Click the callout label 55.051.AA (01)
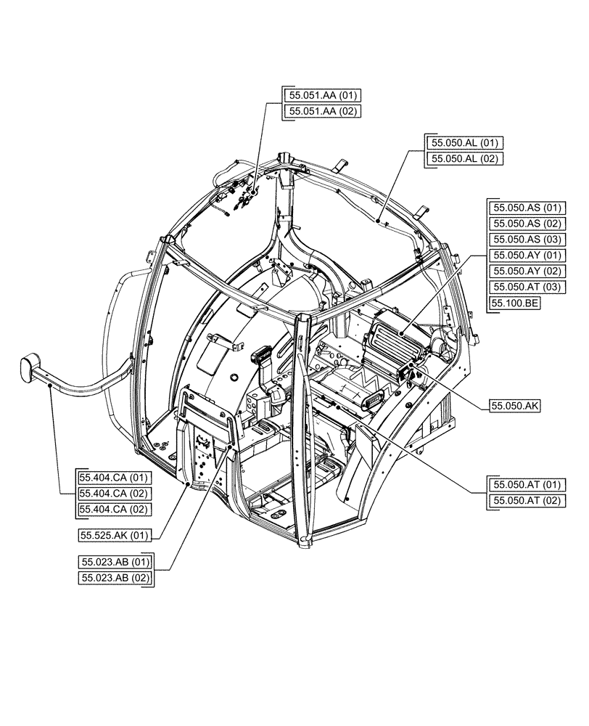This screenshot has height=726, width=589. click(322, 96)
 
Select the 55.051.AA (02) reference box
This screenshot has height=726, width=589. click(322, 112)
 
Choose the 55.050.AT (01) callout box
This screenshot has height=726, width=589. click(527, 485)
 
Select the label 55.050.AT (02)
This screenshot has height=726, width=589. click(527, 501)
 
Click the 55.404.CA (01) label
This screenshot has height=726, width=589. click(114, 478)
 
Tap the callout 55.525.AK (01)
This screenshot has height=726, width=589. click(114, 536)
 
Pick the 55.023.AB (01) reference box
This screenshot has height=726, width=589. click(114, 562)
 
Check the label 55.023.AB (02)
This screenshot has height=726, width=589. click(114, 578)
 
